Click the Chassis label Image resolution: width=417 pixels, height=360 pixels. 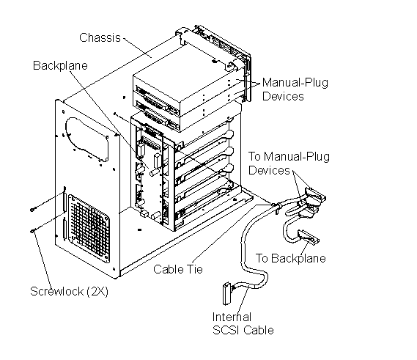100,37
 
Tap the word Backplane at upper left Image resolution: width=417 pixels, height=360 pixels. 60,65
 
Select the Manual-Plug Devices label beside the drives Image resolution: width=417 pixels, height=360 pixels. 295,89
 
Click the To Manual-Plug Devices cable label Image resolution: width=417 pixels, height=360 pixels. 289,163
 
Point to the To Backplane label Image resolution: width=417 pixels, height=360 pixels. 291,258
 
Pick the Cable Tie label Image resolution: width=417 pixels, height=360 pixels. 178,269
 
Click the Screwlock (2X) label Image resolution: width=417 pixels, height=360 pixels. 69,291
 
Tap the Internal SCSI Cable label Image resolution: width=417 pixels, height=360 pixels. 243,323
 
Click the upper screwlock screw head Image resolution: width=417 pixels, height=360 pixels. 32,210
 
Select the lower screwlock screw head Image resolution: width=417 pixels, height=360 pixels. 32,231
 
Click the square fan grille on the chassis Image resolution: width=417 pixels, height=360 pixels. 89,228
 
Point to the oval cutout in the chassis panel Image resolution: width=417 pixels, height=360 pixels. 86,139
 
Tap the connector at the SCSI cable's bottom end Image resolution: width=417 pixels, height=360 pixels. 226,293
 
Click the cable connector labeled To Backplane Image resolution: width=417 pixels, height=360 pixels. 309,237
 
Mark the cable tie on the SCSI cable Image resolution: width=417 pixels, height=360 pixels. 276,206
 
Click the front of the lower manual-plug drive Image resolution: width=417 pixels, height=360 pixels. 156,116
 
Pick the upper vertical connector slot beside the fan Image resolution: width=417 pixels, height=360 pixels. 64,199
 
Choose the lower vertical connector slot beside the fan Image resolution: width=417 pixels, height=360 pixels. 64,229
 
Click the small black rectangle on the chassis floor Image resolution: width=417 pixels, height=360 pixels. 139,229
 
